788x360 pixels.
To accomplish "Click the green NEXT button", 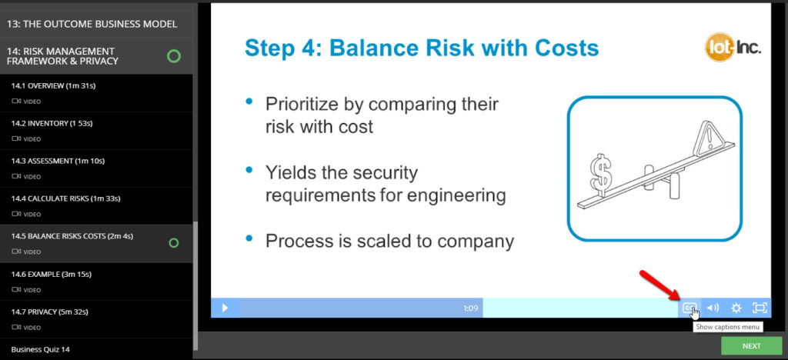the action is [x=751, y=346].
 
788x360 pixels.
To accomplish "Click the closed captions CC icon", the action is [x=689, y=308].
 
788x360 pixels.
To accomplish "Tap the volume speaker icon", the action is [x=713, y=308].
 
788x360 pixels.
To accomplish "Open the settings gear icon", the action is [x=736, y=308].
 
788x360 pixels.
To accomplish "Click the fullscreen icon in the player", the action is [x=760, y=308].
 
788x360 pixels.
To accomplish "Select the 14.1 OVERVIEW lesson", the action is [x=53, y=86].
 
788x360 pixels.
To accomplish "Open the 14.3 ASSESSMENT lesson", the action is [x=58, y=162].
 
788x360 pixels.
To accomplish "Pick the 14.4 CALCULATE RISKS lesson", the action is [x=66, y=198].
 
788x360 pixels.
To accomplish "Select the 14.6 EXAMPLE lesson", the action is [x=52, y=274].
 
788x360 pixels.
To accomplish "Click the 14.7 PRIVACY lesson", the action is [x=50, y=312].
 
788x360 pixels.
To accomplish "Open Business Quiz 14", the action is [x=40, y=349].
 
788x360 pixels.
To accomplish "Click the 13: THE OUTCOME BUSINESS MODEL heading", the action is [x=92, y=24].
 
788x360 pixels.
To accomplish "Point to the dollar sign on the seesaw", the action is [x=600, y=172].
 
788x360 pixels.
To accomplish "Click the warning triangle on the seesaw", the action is [x=708, y=137].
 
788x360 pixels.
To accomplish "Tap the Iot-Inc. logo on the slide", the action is [x=733, y=48].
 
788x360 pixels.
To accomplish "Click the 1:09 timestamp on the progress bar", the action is [x=470, y=308].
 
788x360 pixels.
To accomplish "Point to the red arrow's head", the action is [x=675, y=296].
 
